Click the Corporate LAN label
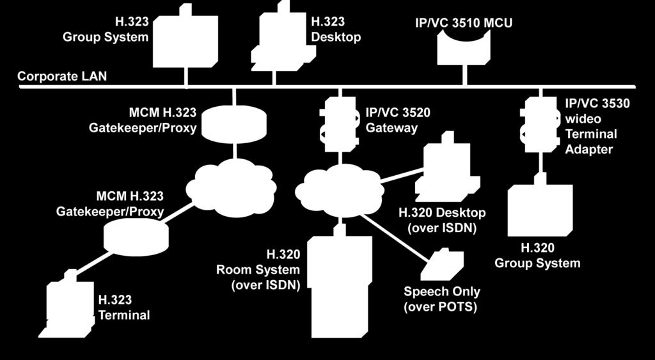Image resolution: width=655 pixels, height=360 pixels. [x=62, y=77]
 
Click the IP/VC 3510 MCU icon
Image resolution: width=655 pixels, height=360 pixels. [x=463, y=49]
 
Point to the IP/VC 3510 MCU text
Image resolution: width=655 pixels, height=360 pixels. [x=463, y=22]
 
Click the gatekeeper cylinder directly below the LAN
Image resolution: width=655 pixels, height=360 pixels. [x=234, y=124]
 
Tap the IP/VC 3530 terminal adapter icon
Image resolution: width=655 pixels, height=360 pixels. [x=541, y=125]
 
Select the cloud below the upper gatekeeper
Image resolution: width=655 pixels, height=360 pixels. [x=231, y=187]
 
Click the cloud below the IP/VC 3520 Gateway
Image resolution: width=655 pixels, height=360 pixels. [x=340, y=191]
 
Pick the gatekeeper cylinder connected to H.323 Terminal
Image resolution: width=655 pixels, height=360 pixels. [x=136, y=236]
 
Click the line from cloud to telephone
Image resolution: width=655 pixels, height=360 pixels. [x=395, y=237]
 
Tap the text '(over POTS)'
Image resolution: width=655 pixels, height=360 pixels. [x=440, y=307]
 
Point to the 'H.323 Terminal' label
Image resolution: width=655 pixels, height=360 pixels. [x=124, y=307]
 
